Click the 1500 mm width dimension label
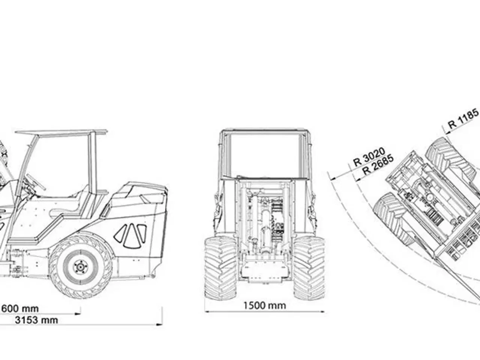click(x=265, y=306)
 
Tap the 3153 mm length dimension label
click(x=36, y=320)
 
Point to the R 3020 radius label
click(x=369, y=157)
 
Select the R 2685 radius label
click(x=378, y=165)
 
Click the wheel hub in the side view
click(x=81, y=267)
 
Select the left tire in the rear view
click(x=220, y=268)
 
